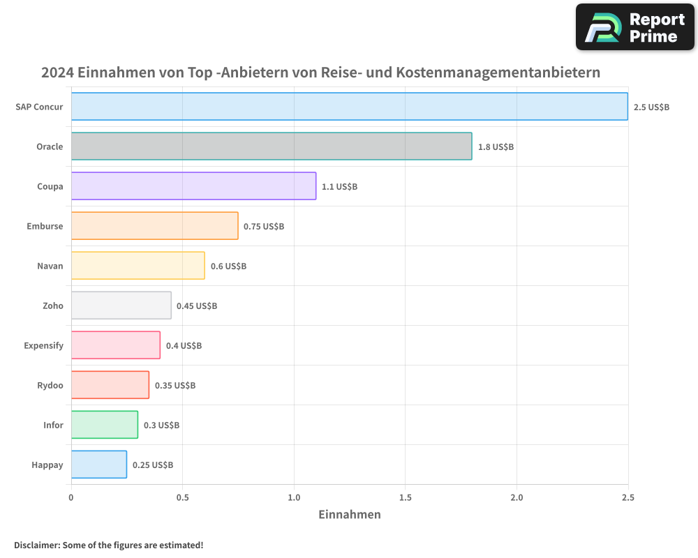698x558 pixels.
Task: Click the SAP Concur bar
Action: [x=349, y=107]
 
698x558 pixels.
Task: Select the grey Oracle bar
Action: [x=271, y=146]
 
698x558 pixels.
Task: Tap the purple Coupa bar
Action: [x=193, y=186]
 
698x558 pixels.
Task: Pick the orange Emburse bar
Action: [x=154, y=226]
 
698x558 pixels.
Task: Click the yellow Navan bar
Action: [x=138, y=266]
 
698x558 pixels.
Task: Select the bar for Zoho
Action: [x=121, y=306]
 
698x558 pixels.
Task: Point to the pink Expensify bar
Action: [x=115, y=345]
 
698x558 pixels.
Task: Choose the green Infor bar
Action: [x=104, y=425]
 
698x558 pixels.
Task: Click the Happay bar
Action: [x=98, y=465]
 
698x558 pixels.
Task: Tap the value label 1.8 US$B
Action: [x=496, y=147]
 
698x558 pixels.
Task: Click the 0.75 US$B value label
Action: [x=264, y=227]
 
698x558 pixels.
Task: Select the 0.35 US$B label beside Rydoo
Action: [x=174, y=386]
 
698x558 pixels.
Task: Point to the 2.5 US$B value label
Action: [x=651, y=107]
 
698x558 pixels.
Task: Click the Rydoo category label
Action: [x=50, y=385]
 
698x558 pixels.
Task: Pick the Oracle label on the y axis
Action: [x=50, y=146]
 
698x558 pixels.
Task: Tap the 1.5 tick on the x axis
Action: [x=405, y=497]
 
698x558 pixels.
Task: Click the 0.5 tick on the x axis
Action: [x=182, y=497]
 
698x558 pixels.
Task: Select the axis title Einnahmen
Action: [x=349, y=515]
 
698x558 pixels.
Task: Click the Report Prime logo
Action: [x=635, y=27]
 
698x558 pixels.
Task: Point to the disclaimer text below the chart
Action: [x=108, y=545]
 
